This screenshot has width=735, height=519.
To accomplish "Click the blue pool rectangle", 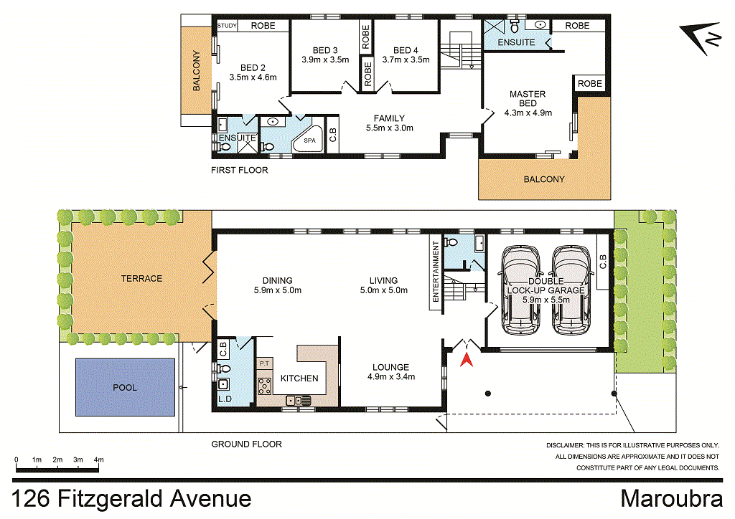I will [x=125, y=387].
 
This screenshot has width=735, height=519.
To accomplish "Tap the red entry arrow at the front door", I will [x=467, y=358].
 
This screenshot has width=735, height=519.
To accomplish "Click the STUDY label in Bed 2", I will [x=227, y=26].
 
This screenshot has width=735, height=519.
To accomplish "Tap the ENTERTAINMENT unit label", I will [x=435, y=273].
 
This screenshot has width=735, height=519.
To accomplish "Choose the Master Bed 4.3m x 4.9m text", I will [x=528, y=103].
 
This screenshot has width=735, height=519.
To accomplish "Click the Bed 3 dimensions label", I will [x=325, y=60].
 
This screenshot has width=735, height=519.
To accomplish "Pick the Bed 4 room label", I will [x=406, y=50].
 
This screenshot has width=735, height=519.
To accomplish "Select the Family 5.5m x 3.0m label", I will [x=389, y=123].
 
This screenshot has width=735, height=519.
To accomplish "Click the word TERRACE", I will [x=141, y=278].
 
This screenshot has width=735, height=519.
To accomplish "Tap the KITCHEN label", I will [x=299, y=378].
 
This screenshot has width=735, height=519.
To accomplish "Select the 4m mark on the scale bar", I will [x=99, y=459].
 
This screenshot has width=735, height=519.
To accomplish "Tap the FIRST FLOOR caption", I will [x=239, y=171].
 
